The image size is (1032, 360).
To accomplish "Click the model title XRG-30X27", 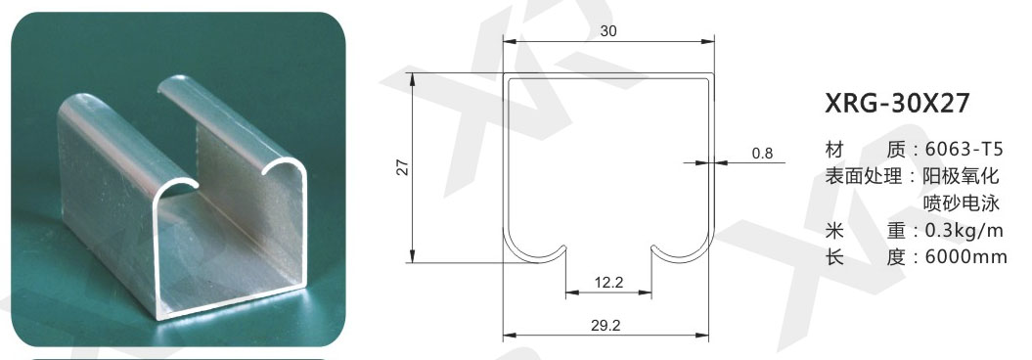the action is coord(897,104).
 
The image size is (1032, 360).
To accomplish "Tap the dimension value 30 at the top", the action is coord(608,30).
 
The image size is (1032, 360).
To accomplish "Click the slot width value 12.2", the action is coord(608,283).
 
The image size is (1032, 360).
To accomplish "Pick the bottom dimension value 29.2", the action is coord(606,325).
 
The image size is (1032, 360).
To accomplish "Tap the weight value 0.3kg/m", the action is coord(964,230).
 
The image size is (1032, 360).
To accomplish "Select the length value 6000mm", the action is coord(965,257).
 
